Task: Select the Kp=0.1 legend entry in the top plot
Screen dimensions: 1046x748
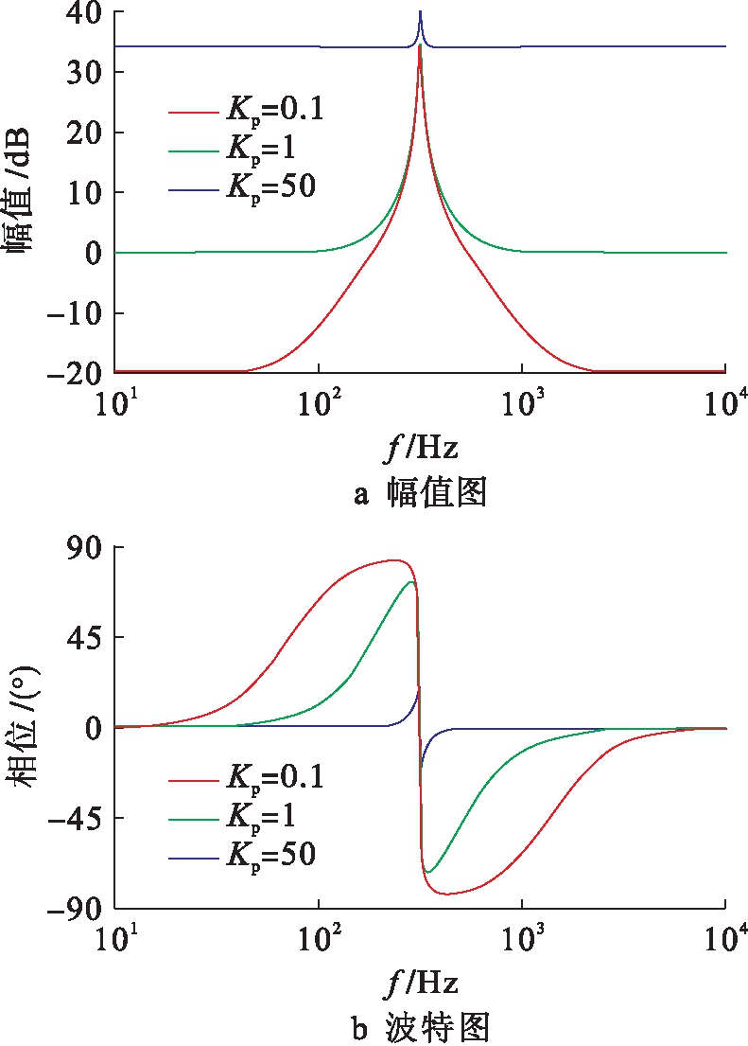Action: click(246, 111)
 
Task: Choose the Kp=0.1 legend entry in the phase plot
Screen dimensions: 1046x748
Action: click(246, 780)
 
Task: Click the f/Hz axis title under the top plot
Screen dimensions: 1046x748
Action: click(420, 446)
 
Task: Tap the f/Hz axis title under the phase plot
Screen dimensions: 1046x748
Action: click(420, 981)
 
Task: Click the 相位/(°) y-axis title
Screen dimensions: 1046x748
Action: click(21, 729)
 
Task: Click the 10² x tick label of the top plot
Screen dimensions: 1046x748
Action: click(319, 399)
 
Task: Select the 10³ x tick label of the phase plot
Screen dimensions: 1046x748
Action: click(522, 934)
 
